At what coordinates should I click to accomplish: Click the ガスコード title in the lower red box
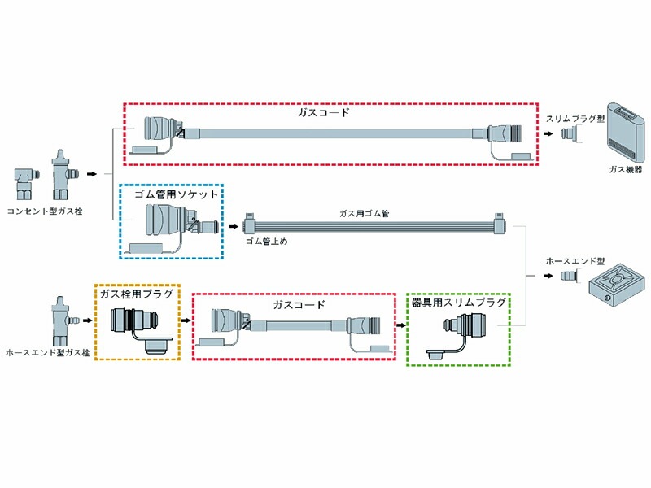pyautogui.click(x=298, y=305)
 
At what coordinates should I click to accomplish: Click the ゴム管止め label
pyautogui.click(x=267, y=242)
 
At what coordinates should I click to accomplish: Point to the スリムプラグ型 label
pyautogui.click(x=576, y=119)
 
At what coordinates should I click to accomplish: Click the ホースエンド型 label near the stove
pyautogui.click(x=576, y=262)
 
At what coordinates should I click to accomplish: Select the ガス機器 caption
pyautogui.click(x=625, y=170)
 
